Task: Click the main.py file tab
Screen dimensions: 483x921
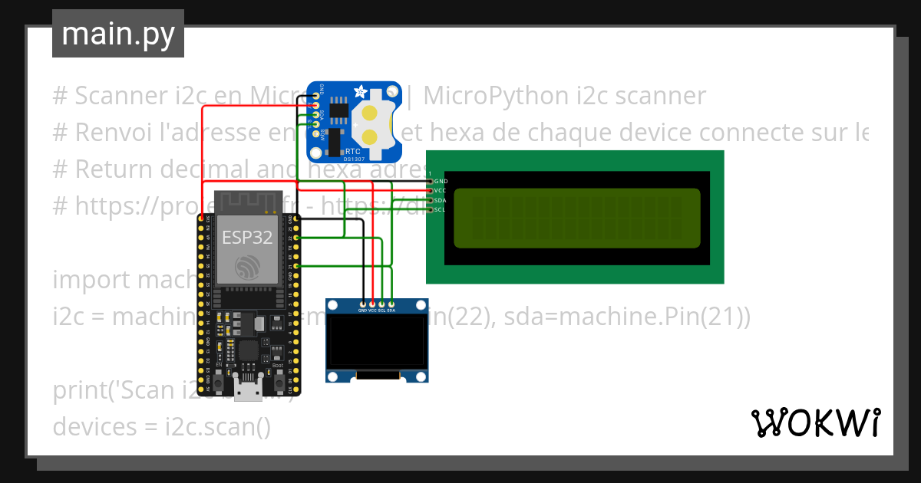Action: [x=117, y=34]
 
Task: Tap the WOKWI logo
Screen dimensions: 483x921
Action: [x=815, y=422]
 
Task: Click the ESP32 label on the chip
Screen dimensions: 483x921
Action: [x=247, y=237]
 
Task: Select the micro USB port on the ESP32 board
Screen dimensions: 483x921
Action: [x=247, y=392]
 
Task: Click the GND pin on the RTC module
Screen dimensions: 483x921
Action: [x=315, y=97]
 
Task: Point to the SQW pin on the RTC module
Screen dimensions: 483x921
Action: [x=315, y=133]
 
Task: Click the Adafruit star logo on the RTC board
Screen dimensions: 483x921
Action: [x=359, y=93]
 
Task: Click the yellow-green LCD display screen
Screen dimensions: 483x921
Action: [x=576, y=218]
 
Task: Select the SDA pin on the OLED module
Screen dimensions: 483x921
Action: [x=391, y=304]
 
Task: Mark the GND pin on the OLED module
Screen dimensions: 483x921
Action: [x=362, y=304]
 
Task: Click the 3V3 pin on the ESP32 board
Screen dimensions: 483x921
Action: [x=201, y=219]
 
